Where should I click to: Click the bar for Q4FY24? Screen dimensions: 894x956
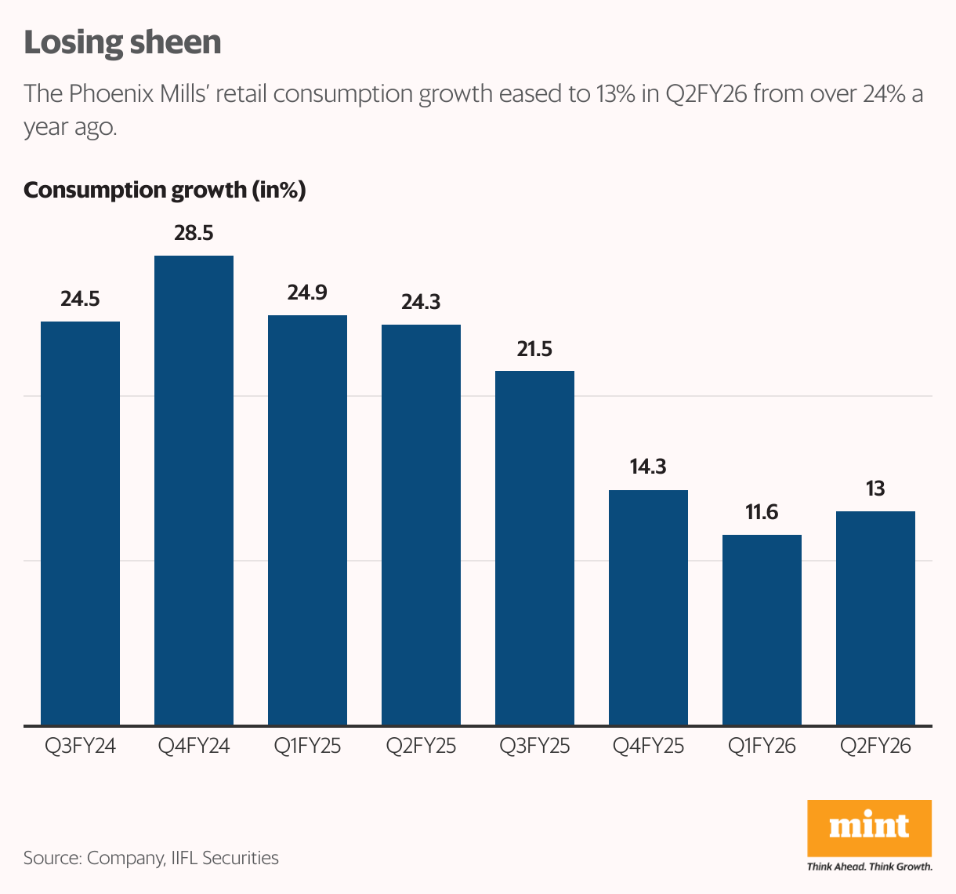(194, 490)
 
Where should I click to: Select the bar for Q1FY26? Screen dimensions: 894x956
(762, 630)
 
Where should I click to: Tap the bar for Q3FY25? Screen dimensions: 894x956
(534, 547)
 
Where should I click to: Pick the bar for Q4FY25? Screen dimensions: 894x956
(648, 607)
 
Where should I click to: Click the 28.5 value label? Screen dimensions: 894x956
(194, 233)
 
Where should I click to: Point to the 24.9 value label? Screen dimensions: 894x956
(307, 293)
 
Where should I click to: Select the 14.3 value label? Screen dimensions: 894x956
(648, 467)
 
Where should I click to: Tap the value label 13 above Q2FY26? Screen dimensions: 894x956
(875, 489)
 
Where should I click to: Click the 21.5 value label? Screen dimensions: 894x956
(534, 349)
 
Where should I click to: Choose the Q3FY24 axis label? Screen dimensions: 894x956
(80, 746)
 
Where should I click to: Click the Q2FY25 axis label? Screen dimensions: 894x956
(421, 746)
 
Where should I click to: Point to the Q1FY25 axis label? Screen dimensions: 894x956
(307, 746)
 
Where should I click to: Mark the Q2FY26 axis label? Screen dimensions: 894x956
(875, 746)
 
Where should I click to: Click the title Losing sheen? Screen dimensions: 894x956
(122, 42)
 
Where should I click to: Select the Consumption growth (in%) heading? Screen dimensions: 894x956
(165, 191)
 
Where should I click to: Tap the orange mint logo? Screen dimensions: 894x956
(869, 827)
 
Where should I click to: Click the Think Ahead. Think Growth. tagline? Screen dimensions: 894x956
(869, 867)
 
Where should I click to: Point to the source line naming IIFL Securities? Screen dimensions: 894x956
(151, 858)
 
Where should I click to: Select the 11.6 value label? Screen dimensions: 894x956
(762, 512)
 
